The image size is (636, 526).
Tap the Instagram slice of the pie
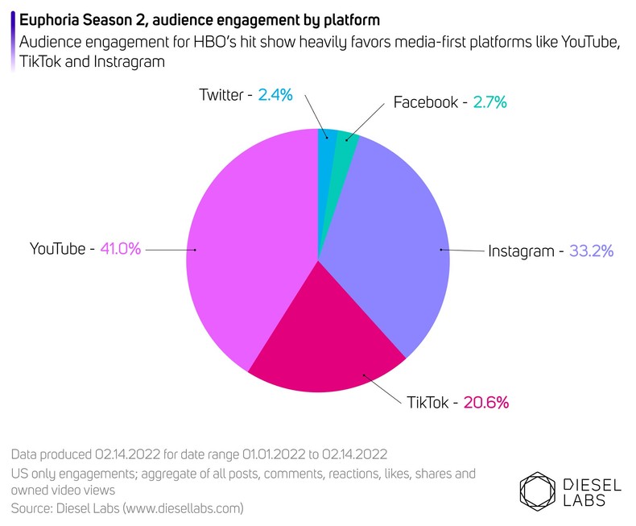386,234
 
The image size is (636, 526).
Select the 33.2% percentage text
592,251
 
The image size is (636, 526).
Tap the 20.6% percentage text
486,402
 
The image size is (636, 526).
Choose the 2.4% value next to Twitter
275,95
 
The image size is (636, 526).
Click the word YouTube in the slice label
57,249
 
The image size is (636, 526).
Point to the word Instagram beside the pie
521,251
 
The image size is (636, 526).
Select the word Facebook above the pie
425,102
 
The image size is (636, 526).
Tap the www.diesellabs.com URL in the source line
176,508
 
